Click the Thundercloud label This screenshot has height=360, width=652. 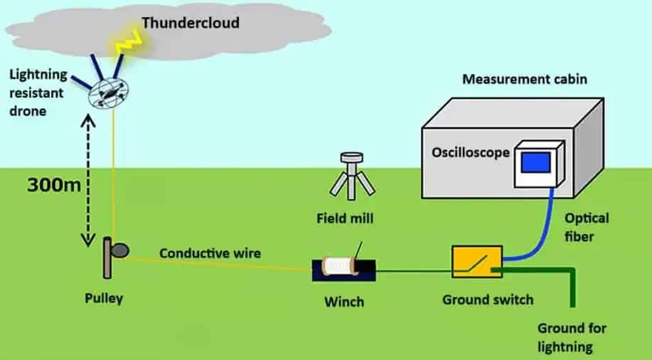pos(190,23)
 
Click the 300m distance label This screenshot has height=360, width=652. pos(53,186)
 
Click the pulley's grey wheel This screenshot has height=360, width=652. pos(121,250)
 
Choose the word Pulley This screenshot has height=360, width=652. pos(104,297)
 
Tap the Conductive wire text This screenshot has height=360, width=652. pos(210,253)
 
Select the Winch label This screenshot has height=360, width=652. pos(343,302)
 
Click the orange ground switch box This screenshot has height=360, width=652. pos(477,262)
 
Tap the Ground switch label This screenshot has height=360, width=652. pos(488,300)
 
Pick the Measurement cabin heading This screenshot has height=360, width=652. pos(525,79)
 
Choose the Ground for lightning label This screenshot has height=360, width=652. pos(572,337)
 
